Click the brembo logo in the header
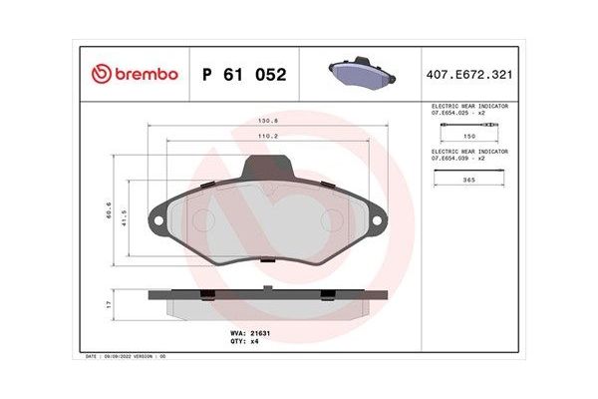click(x=135, y=74)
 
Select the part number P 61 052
click(x=244, y=75)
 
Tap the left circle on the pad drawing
click(x=202, y=220)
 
